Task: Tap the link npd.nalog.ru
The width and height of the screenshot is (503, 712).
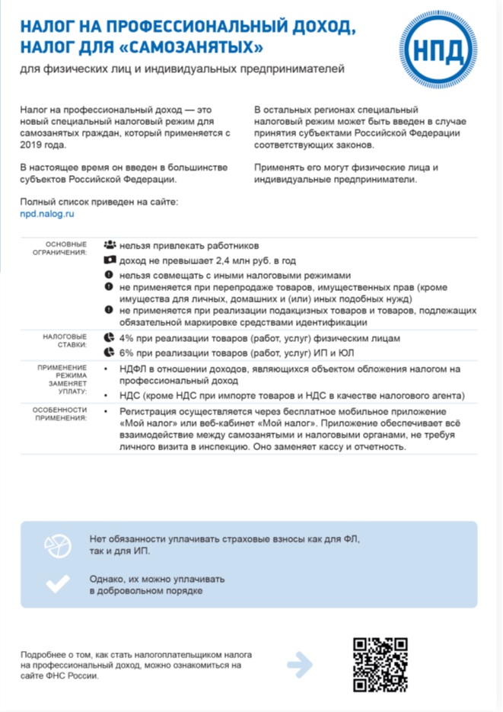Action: tap(48, 215)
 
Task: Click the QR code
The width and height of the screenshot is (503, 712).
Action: tap(380, 664)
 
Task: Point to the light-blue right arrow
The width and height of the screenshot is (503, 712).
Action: tap(300, 664)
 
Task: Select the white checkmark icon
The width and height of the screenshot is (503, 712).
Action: tap(57, 583)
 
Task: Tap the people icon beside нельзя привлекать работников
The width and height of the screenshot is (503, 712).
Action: tap(110, 246)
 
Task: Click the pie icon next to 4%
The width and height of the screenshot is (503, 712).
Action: tap(110, 338)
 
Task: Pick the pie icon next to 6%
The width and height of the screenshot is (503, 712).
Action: tap(110, 353)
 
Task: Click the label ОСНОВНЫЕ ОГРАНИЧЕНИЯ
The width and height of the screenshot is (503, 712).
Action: tap(66, 247)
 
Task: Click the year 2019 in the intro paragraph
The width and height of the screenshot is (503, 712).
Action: tap(33, 145)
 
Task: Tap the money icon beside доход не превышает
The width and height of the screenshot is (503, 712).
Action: tap(110, 260)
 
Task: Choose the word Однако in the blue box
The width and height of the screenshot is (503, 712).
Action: tap(108, 577)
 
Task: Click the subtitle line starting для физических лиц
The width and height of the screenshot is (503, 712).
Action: tap(183, 69)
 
